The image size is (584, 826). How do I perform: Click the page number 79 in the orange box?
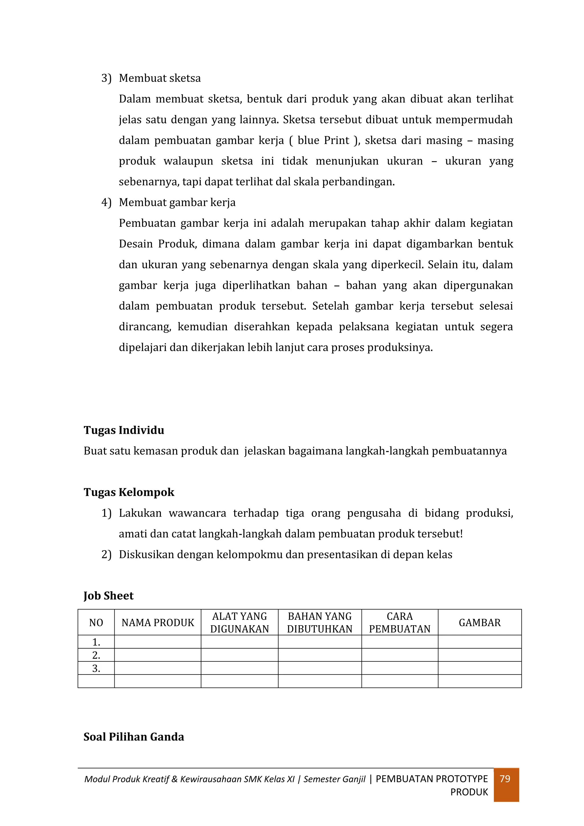pyautogui.click(x=505, y=779)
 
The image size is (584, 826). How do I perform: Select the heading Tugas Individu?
pyautogui.click(x=124, y=430)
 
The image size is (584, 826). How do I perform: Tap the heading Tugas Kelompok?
pyautogui.click(x=129, y=492)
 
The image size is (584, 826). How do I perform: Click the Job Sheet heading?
pyautogui.click(x=108, y=596)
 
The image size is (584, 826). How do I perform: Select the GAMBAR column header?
pyautogui.click(x=479, y=623)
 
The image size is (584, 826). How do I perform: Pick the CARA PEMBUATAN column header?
pyautogui.click(x=400, y=623)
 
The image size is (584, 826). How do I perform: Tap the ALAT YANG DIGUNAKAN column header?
pyautogui.click(x=240, y=623)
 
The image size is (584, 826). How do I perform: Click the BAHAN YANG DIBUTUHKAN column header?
pyautogui.click(x=320, y=623)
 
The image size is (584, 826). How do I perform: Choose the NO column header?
pyautogui.click(x=96, y=623)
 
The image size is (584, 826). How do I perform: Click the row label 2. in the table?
pyautogui.click(x=96, y=655)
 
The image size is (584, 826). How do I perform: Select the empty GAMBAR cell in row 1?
pyautogui.click(x=479, y=642)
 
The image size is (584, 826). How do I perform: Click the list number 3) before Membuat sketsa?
pyautogui.click(x=106, y=78)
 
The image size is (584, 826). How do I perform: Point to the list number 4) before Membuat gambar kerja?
pyautogui.click(x=106, y=203)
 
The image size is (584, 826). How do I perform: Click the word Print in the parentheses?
pyautogui.click(x=336, y=140)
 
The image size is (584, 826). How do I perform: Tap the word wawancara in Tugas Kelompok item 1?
pyautogui.click(x=197, y=513)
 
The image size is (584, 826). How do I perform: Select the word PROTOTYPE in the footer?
pyautogui.click(x=462, y=779)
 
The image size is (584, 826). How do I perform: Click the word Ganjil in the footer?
pyautogui.click(x=354, y=779)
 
